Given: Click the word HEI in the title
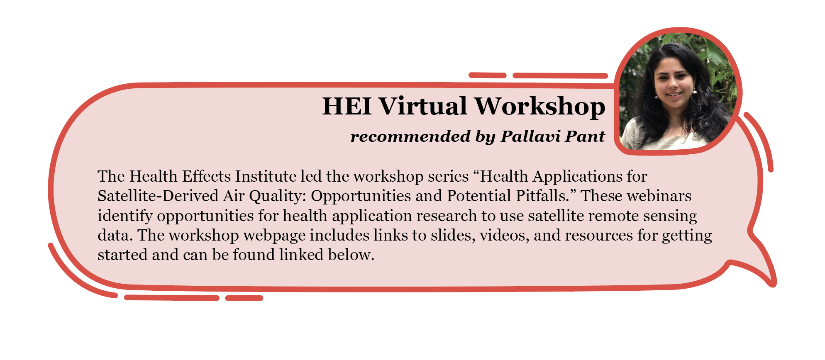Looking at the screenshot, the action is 347,106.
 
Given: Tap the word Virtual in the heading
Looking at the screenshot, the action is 423,106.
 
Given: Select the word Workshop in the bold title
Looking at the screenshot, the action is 540,107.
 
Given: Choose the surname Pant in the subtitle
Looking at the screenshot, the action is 586,136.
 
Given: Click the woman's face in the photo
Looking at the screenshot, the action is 673,83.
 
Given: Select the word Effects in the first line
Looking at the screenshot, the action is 207,176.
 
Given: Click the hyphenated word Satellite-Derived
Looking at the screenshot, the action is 158,196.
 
